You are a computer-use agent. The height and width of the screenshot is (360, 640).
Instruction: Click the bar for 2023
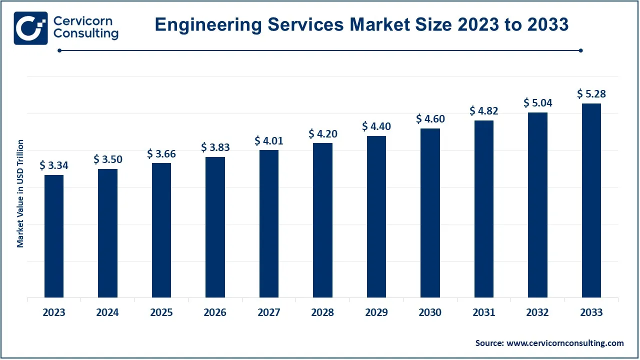pos(54,236)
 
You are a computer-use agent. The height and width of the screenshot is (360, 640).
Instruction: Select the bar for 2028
pos(322,220)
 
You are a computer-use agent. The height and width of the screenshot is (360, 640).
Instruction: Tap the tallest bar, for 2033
pos(591,200)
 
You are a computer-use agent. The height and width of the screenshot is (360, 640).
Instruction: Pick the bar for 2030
pos(430,213)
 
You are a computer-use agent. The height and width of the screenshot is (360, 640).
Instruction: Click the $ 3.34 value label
pos(54,165)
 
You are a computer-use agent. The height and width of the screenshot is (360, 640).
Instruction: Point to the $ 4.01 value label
pos(269,140)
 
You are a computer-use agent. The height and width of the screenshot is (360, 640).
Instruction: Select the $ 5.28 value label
pos(591,94)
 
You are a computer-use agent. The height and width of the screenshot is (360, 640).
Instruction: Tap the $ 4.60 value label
pos(430,119)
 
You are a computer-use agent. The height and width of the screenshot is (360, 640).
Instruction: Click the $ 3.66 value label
pos(161,154)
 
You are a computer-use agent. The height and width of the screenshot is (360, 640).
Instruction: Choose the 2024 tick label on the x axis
pos(107,312)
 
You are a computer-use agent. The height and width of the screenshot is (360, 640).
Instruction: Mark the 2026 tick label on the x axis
pos(215,312)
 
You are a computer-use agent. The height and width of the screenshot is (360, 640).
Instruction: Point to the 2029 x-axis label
pos(376,312)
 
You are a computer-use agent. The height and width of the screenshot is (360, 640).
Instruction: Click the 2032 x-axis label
pos(537,312)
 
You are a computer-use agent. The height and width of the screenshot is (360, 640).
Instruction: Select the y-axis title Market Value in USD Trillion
pos(20,193)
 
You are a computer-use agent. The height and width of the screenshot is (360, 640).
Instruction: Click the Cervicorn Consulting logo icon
pos(30,28)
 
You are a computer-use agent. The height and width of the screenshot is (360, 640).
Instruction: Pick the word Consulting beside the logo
pos(86,34)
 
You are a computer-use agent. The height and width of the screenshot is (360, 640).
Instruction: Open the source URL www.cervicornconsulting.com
pos(565,343)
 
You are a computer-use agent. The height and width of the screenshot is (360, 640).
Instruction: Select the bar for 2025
pos(161,230)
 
